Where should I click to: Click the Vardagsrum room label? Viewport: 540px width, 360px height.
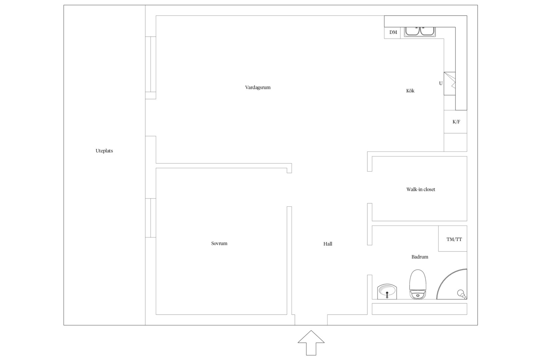click(258, 88)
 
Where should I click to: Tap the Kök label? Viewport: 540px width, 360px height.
click(410, 91)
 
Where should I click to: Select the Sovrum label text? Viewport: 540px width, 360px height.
click(219, 243)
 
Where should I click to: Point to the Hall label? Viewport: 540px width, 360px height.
click(328, 244)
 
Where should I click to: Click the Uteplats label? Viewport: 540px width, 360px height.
click(104, 151)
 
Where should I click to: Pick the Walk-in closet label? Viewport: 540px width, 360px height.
click(421, 189)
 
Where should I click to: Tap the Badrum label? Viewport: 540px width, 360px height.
click(420, 257)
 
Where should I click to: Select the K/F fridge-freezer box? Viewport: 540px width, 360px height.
click(455, 122)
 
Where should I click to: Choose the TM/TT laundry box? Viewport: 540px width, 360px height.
click(452, 239)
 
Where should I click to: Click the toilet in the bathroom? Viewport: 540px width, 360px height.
click(418, 285)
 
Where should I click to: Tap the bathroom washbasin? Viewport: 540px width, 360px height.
click(387, 292)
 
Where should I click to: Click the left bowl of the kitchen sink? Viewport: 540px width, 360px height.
click(412, 31)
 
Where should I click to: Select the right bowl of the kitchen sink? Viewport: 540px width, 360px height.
click(427, 31)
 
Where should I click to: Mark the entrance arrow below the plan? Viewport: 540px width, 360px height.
click(311, 342)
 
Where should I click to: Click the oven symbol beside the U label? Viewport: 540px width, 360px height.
click(450, 83)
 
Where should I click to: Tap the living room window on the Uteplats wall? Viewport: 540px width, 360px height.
click(151, 64)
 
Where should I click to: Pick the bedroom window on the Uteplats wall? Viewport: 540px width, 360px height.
click(151, 218)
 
